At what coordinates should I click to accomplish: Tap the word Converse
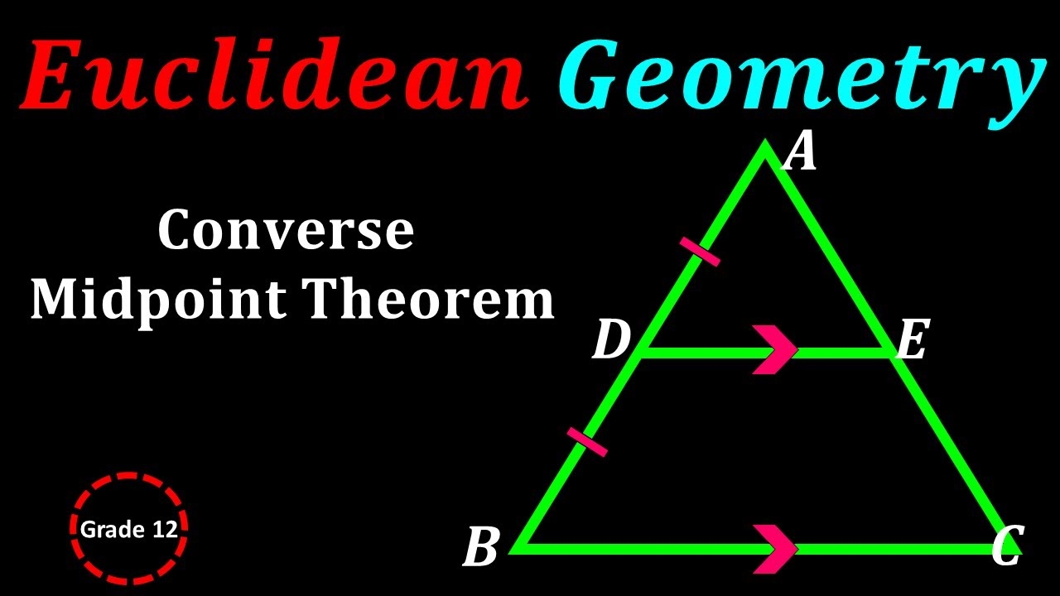[x=286, y=231]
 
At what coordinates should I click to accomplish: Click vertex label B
[x=480, y=548]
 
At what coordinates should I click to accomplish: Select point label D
[x=611, y=341]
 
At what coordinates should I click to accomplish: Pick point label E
[x=911, y=341]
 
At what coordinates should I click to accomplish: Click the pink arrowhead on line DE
[x=775, y=351]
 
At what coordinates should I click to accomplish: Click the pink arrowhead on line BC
[x=775, y=547]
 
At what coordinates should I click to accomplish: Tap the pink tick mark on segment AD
[x=700, y=251]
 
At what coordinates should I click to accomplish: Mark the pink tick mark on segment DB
[x=587, y=442]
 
